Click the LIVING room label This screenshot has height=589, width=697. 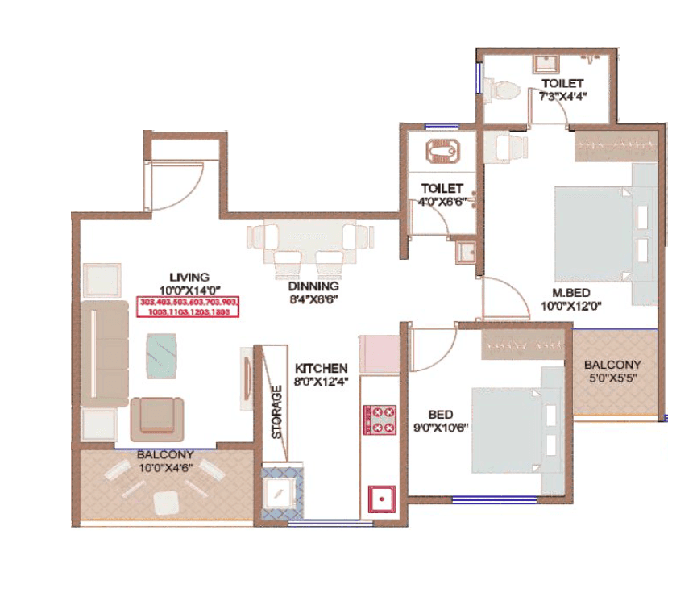click(189, 276)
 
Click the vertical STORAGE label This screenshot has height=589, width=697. click(276, 412)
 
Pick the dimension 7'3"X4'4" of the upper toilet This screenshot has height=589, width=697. click(562, 95)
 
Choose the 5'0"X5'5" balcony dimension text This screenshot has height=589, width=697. click(613, 376)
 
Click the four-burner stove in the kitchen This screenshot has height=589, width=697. click(380, 419)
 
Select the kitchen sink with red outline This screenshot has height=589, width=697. click(380, 499)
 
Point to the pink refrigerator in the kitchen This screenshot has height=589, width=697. click(379, 353)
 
